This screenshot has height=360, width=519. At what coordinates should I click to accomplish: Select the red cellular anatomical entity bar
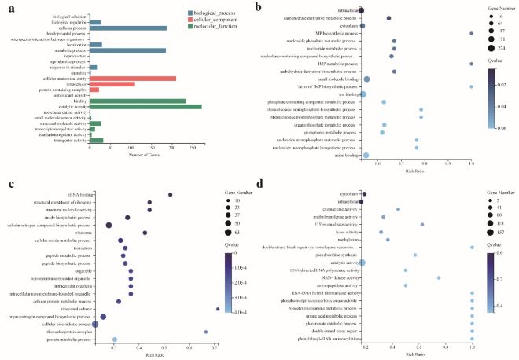131,78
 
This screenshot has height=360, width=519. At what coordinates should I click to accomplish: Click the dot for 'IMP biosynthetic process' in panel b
470,33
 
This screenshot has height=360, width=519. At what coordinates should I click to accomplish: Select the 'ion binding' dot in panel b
363,94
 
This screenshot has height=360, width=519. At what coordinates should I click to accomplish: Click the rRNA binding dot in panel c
171,194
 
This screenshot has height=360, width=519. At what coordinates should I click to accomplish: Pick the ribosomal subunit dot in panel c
217,309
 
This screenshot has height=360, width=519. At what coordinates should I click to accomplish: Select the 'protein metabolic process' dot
115,340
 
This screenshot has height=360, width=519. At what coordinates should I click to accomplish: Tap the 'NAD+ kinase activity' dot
439,277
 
